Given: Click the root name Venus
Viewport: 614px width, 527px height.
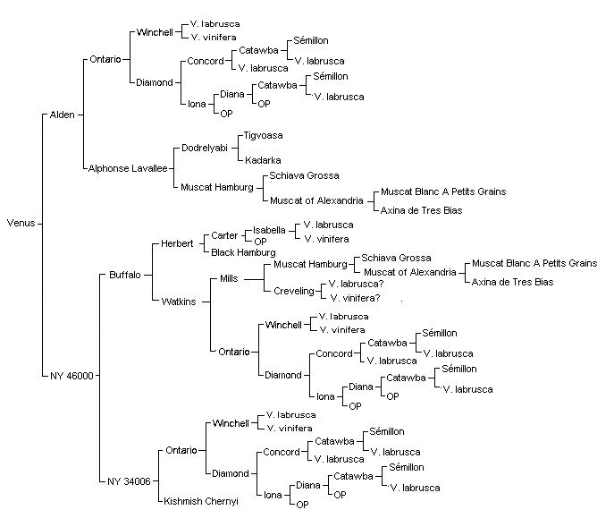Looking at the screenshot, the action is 21,223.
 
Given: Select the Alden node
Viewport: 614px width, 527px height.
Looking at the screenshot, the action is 63,115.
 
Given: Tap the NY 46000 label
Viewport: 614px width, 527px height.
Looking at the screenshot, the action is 71,376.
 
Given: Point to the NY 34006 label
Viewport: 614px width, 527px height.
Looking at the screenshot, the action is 129,481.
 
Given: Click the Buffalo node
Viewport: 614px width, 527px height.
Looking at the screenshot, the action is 125,275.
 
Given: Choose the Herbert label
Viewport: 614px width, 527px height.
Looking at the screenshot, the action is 177,243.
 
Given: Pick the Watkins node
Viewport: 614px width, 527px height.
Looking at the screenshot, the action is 179,302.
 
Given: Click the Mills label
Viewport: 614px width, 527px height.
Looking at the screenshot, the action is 229,279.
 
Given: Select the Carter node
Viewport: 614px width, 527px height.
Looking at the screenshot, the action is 224,235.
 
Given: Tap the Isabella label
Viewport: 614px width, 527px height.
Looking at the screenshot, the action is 269,230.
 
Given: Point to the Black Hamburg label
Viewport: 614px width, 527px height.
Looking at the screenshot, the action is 243,252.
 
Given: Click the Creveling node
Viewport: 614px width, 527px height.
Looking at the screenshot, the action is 294,291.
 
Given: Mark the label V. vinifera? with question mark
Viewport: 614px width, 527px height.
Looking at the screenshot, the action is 355,299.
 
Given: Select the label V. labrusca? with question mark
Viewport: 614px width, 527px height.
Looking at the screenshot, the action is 356,284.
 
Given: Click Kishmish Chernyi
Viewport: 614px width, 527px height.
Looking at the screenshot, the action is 201,501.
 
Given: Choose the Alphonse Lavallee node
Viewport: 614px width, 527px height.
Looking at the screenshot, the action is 128,168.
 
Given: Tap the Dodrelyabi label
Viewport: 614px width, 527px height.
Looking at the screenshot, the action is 205,149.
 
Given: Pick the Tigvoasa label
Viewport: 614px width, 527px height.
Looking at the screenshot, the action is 263,136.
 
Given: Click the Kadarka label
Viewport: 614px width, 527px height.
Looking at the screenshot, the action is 263,160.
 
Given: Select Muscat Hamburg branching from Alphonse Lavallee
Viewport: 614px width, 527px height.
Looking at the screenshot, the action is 217,187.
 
